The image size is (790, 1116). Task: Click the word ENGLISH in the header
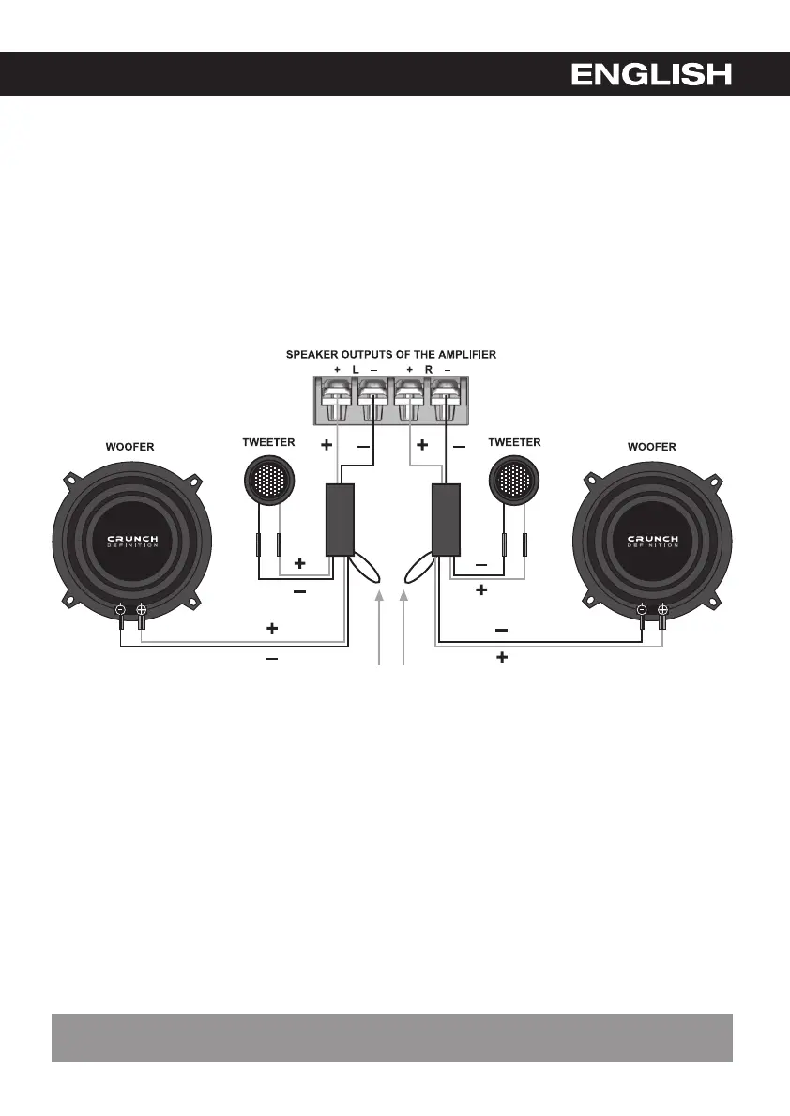tap(651, 74)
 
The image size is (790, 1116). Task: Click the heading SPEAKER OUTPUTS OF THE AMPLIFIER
tap(391, 354)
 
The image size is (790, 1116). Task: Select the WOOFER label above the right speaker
tap(651, 448)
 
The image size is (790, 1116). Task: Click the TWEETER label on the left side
tap(268, 441)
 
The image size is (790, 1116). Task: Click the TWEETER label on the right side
tap(514, 441)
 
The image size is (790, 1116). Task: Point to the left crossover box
tap(339, 520)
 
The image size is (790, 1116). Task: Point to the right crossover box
tap(445, 520)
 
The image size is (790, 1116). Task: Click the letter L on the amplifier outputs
tap(356, 371)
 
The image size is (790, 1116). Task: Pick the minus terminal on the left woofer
tap(121, 610)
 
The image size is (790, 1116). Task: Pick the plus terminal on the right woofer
tap(662, 610)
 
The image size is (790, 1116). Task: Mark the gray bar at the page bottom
tap(391, 1037)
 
